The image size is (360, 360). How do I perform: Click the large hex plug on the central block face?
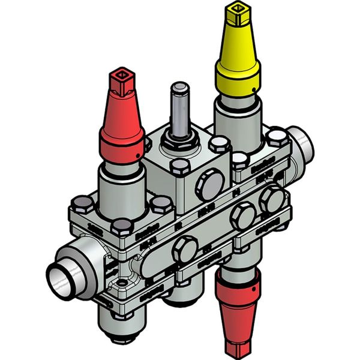click(x=211, y=185)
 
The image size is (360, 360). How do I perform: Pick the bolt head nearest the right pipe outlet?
click(x=277, y=137)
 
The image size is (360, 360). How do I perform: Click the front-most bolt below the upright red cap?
click(x=122, y=226)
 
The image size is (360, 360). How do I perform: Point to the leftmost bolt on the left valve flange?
click(x=82, y=205)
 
